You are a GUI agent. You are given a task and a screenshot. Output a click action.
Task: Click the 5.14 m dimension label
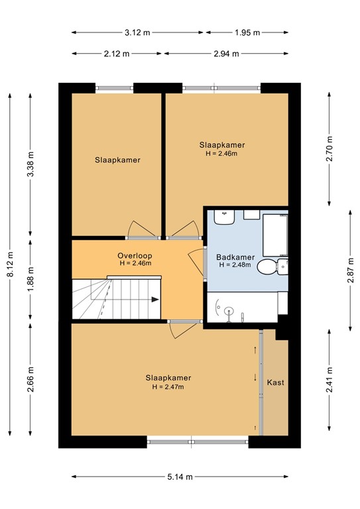coord(180,477)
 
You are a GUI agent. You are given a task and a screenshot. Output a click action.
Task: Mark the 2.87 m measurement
coord(350,268)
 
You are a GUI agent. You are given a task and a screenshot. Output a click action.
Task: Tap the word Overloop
coord(135,255)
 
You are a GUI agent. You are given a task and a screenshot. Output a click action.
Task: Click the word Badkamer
coord(235,257)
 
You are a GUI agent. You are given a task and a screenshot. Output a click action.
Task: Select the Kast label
coord(275,383)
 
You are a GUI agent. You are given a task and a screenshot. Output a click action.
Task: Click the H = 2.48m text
coord(235,266)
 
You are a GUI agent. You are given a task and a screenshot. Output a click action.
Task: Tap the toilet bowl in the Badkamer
coord(268,268)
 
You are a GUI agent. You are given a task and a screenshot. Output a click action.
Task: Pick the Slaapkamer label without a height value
coord(117,160)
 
